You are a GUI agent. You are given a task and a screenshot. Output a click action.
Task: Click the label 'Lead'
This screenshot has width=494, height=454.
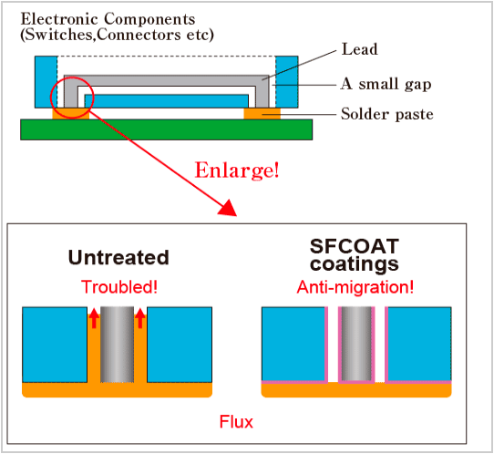(359, 49)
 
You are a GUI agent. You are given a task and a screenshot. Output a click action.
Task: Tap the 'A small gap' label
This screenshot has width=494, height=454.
(386, 84)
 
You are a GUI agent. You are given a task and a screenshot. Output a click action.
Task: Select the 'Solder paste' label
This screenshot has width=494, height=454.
(387, 114)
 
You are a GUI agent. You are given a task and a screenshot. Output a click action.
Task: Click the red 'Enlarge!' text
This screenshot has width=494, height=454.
(237, 170)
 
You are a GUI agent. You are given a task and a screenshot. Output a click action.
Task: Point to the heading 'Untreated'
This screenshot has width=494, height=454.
(118, 257)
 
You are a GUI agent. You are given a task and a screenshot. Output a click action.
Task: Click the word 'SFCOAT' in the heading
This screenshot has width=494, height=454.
(355, 246)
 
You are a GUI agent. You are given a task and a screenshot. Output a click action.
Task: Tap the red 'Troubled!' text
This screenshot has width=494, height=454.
(119, 287)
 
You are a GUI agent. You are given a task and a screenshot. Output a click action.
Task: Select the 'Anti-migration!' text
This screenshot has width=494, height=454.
(355, 287)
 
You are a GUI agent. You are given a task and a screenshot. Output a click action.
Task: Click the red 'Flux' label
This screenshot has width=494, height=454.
(236, 421)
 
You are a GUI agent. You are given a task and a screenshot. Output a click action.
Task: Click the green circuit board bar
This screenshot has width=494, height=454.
(167, 129)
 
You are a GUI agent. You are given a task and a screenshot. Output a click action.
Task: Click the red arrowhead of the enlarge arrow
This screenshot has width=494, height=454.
(228, 208)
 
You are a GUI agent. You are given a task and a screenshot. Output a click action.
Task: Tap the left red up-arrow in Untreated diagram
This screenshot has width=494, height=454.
(94, 318)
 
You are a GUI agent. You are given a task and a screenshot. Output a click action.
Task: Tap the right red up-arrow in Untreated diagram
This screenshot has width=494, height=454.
(140, 318)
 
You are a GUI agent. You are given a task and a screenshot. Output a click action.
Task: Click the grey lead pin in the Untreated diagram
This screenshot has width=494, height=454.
(117, 345)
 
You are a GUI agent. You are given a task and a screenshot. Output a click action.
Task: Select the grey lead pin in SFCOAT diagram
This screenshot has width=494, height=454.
(356, 344)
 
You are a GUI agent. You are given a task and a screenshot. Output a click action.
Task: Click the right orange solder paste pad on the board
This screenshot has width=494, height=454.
(262, 114)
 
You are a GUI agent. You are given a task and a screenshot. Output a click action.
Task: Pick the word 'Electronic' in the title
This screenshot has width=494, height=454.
(59, 19)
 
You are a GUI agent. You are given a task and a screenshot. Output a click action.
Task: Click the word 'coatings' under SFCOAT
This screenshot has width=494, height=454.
(355, 264)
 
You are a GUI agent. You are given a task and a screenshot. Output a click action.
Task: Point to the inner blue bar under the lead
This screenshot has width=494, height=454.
(167, 101)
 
